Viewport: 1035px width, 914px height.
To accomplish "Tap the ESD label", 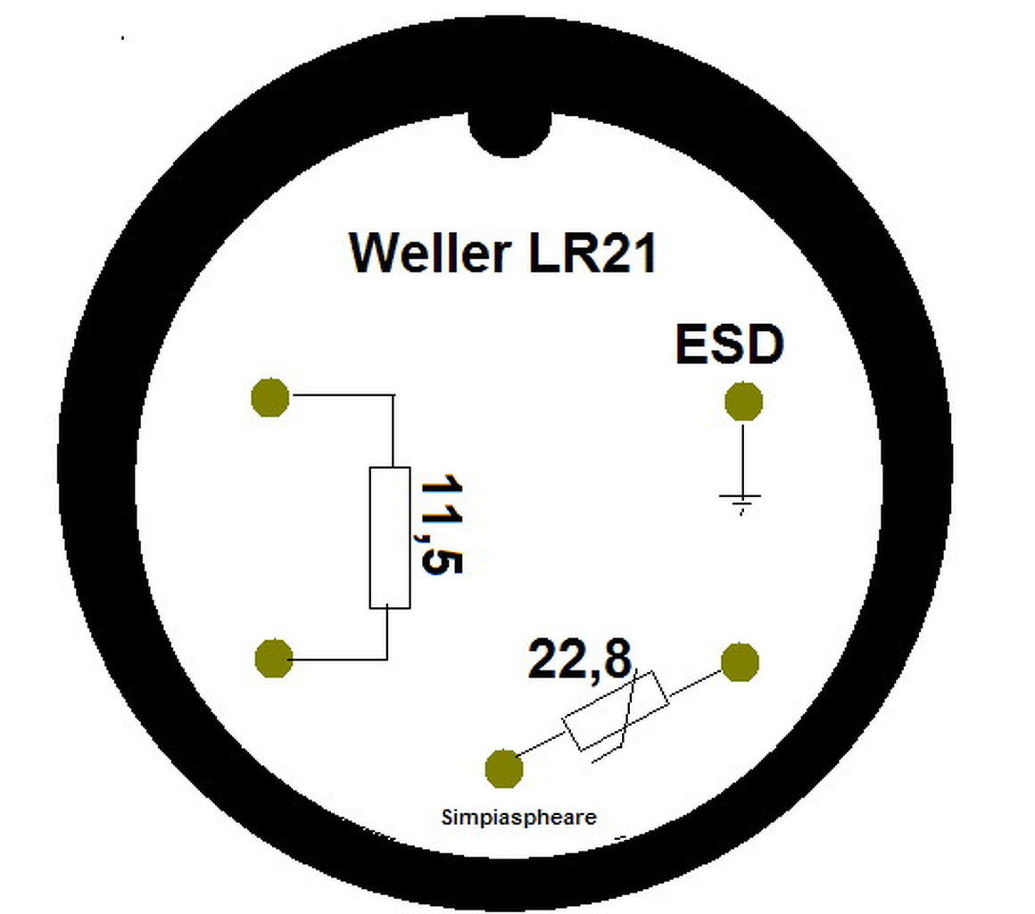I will (729, 345).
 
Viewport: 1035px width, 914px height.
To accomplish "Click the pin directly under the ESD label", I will (743, 402).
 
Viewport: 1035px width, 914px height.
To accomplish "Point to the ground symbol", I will (741, 502).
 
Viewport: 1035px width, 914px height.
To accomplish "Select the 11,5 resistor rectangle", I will (390, 537).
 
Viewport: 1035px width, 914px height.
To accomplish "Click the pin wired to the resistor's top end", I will (270, 396).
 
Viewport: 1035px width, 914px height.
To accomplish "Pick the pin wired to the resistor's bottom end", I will (273, 659).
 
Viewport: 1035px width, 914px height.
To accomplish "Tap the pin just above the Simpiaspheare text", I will (503, 768).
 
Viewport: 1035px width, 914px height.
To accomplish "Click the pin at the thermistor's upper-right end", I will (740, 662).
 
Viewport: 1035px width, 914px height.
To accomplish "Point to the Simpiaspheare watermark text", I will (518, 816).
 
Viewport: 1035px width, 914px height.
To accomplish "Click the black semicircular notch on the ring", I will (509, 134).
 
